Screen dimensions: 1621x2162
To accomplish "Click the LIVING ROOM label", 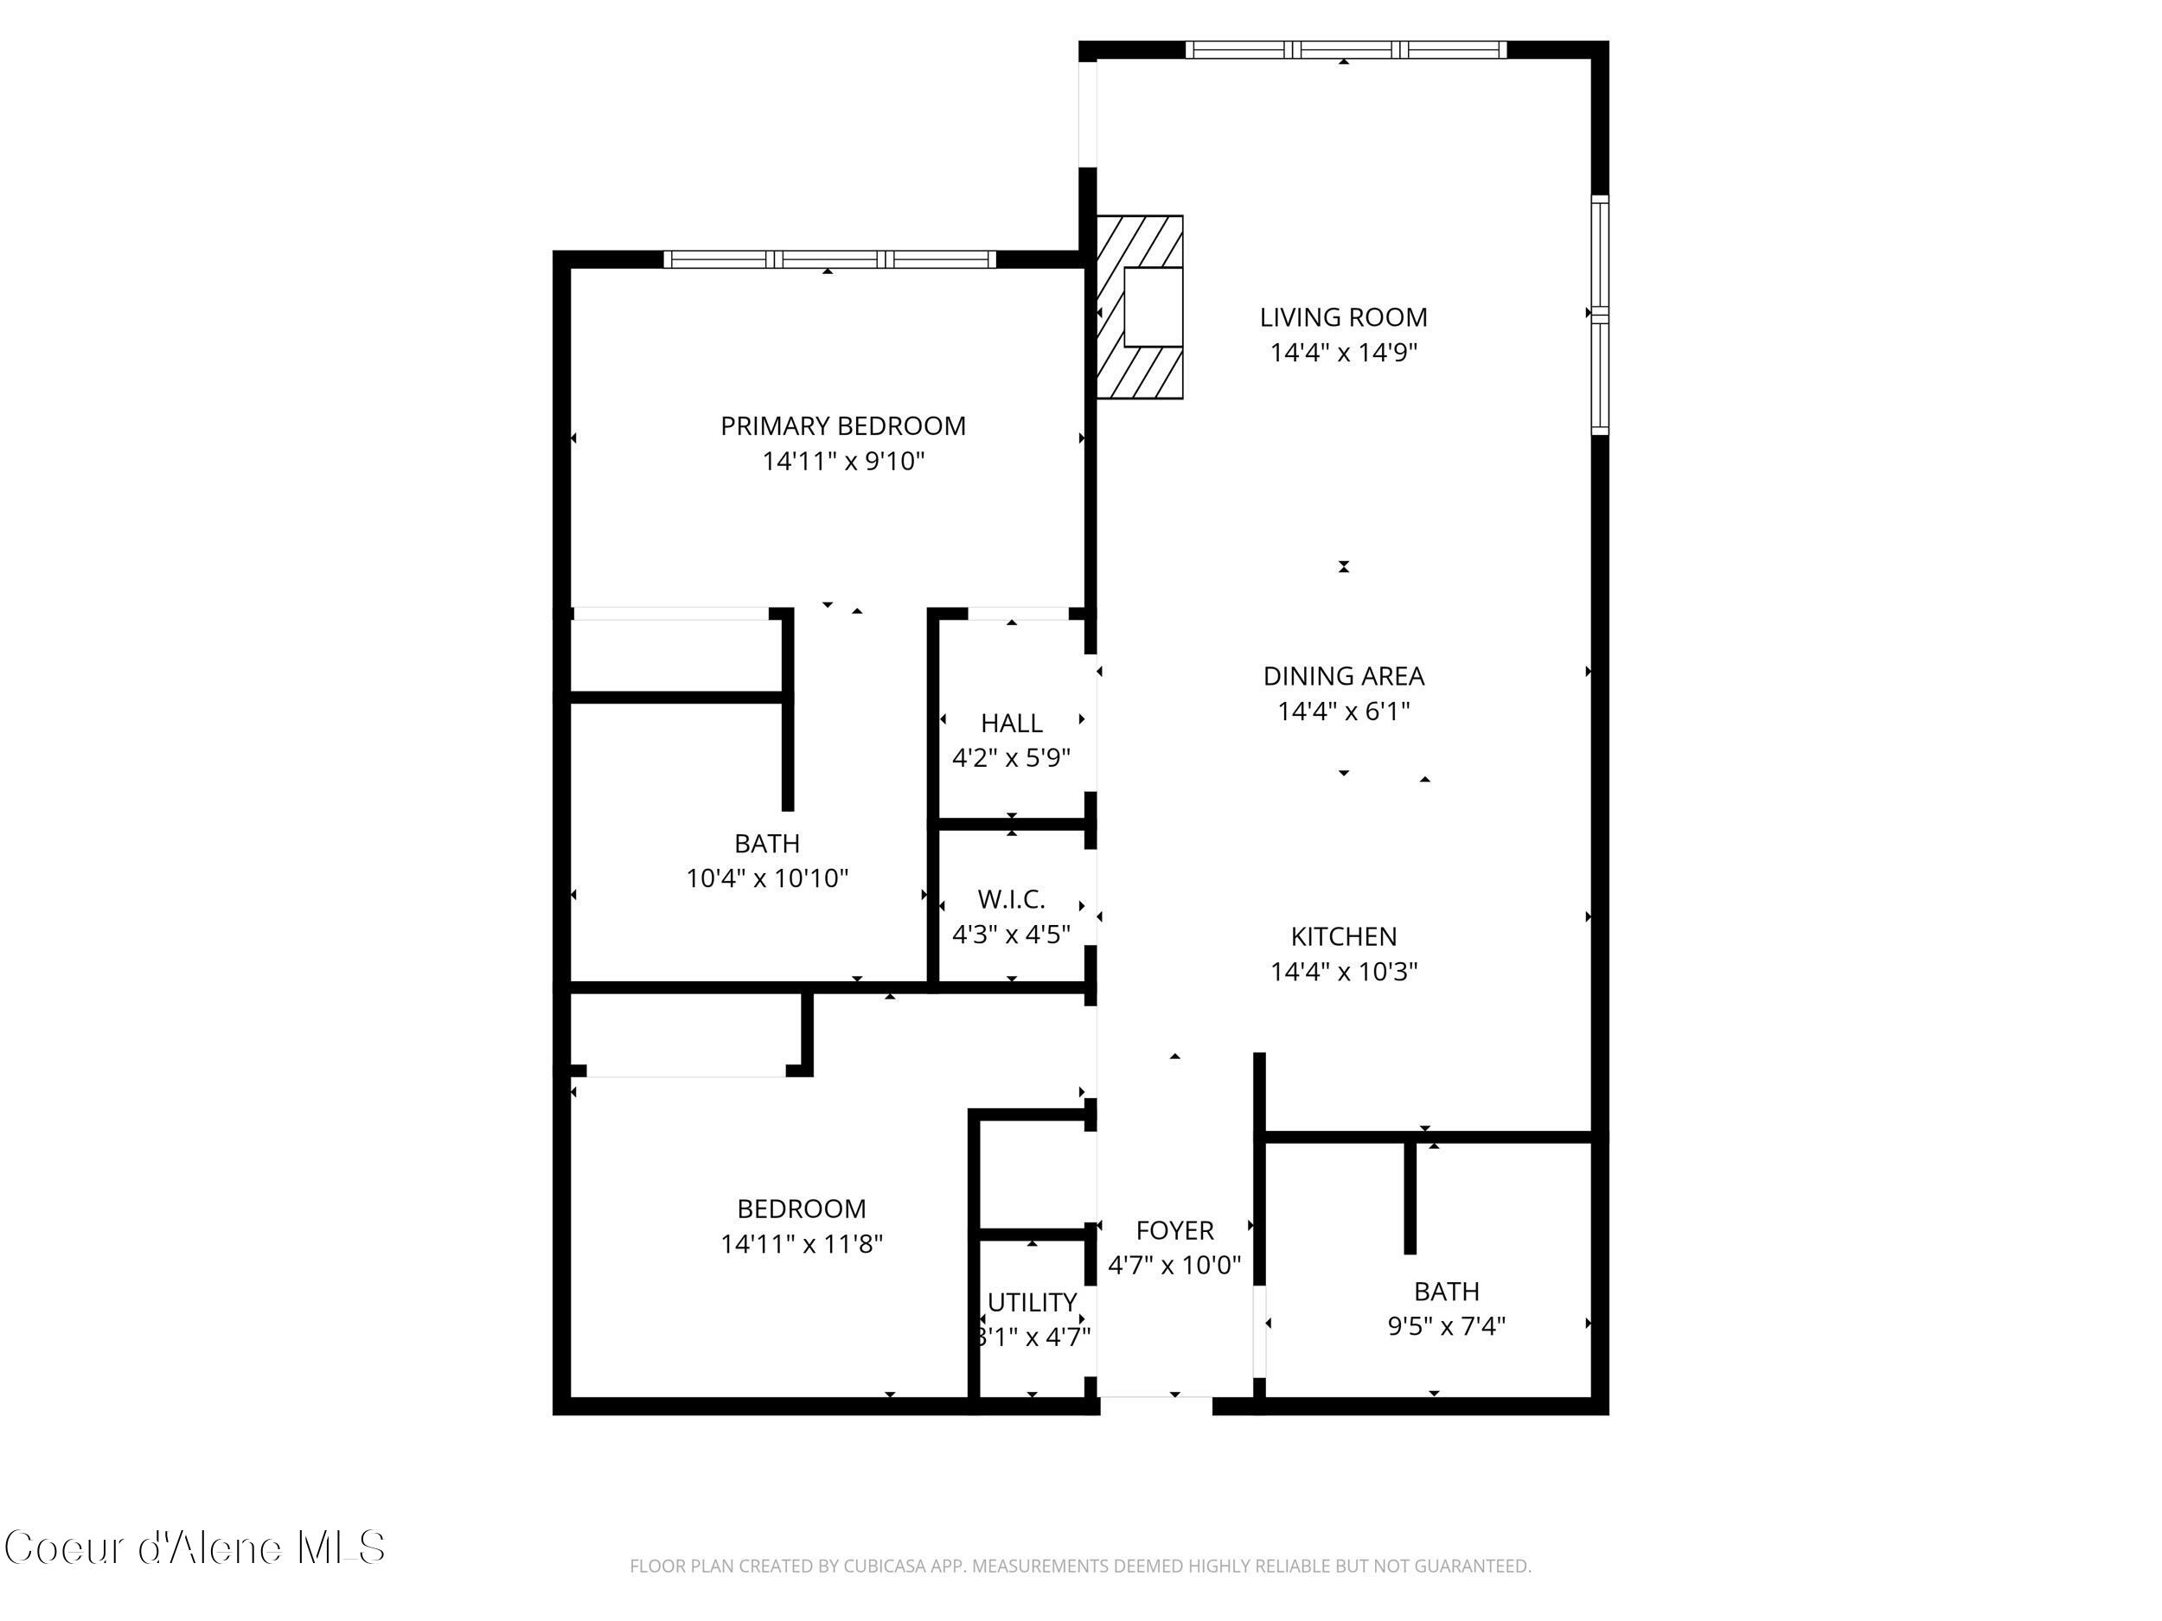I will [x=1343, y=317].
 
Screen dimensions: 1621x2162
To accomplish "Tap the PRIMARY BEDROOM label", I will [x=842, y=426].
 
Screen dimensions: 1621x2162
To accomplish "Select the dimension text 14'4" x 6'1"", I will [x=1343, y=712].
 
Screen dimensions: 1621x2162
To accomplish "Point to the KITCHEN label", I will [x=1343, y=936].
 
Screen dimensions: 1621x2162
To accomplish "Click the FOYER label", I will [x=1174, y=1230].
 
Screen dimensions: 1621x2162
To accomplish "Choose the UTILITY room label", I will [x=1031, y=1303].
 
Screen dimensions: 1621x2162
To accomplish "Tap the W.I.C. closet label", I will [x=1011, y=899].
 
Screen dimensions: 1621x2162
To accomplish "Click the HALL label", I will [x=1011, y=723].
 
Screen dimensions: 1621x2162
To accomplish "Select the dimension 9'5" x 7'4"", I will [x=1446, y=1326].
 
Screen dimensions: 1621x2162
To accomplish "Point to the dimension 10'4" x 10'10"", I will [x=766, y=878].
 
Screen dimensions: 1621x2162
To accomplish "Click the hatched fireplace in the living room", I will [x=1140, y=307].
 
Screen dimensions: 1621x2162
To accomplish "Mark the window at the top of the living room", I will [x=1345, y=50].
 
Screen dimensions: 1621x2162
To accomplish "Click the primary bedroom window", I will [x=828, y=259].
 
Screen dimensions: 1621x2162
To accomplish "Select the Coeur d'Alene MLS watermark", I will [x=195, y=1548].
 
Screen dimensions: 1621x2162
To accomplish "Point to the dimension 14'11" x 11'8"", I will [x=802, y=1244].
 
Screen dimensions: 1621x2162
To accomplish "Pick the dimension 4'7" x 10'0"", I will [x=1174, y=1266].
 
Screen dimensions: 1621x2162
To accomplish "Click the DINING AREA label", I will [x=1343, y=676].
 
